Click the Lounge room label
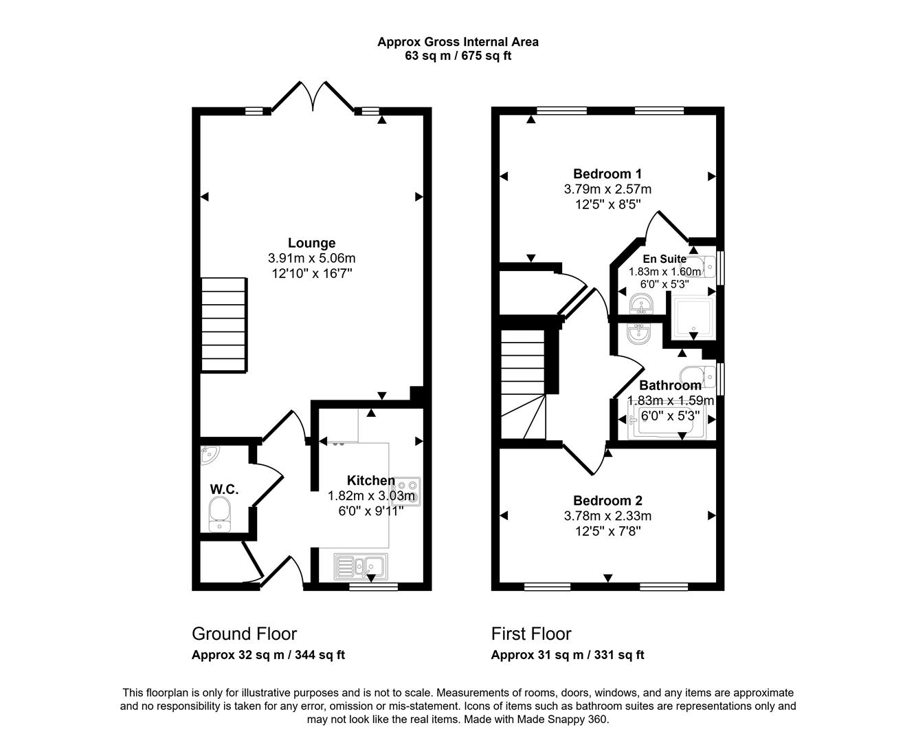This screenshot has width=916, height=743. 311,243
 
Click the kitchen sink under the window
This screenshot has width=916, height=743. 361,566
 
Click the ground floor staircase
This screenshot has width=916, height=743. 223,325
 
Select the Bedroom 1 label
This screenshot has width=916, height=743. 607,174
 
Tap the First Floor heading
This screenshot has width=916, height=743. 530,634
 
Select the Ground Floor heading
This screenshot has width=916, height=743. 244,634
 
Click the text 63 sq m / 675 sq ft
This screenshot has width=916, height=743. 458,56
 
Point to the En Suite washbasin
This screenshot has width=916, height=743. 640,303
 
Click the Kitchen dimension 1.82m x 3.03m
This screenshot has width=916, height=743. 371,496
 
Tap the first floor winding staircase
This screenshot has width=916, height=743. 522,385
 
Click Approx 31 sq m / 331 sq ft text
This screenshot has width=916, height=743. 567,656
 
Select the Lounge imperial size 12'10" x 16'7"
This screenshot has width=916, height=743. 311,273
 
